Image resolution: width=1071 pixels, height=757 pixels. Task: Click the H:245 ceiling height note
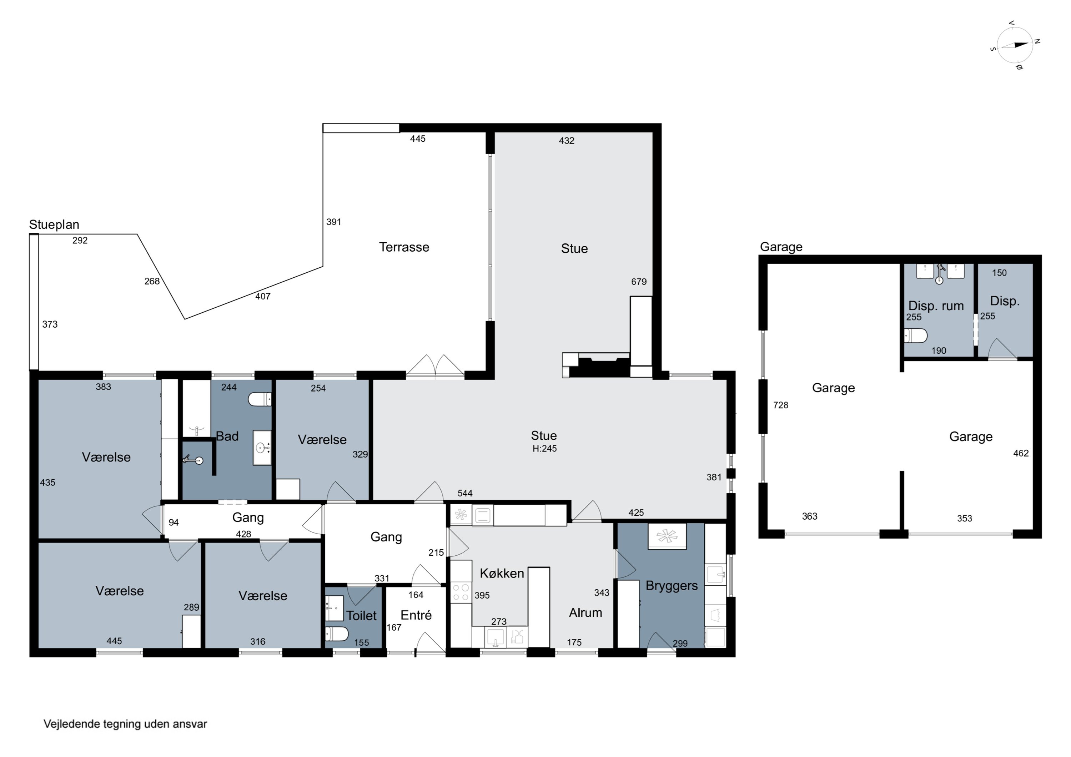tap(544, 449)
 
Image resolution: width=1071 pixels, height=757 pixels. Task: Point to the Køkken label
tap(502, 573)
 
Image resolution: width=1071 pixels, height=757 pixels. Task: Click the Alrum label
tap(585, 612)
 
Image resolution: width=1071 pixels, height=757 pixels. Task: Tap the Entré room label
tap(416, 615)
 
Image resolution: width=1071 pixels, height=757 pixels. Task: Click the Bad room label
tap(227, 436)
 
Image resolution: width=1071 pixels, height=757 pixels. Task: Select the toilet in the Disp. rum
tap(915, 335)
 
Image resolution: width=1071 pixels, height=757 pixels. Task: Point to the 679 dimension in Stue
tap(639, 282)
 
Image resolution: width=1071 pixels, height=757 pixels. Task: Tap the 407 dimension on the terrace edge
tap(263, 296)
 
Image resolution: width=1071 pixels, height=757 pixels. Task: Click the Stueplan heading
tap(54, 225)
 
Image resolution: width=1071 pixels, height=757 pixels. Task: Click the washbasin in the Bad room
tap(262, 448)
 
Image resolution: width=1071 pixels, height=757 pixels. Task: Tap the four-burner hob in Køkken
tap(461, 593)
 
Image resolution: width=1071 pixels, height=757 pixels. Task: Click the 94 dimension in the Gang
tap(174, 523)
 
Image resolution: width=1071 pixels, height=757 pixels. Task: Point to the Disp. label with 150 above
tap(1005, 301)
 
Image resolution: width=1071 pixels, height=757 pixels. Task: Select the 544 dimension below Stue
tap(465, 493)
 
